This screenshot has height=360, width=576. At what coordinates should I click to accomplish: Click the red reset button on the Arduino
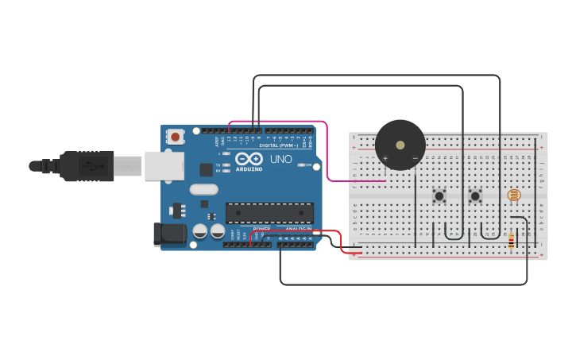pos(175,137)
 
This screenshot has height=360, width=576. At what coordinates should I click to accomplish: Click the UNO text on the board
pos(281,159)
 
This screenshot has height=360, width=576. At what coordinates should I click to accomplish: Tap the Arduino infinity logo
pos(249,159)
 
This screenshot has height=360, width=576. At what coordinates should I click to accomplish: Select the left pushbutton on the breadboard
pos(439,195)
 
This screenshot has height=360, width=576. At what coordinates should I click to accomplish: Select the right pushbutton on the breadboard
pos(475,195)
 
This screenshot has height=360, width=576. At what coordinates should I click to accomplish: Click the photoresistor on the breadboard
pos(514,195)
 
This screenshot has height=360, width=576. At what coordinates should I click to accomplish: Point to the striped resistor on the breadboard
pos(511,240)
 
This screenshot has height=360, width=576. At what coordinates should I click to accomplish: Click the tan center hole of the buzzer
pos(400,145)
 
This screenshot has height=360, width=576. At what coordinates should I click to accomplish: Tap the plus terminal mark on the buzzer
pos(385,159)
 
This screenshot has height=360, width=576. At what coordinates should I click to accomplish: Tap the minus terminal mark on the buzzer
pos(415,159)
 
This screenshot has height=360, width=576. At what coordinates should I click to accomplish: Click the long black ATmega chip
pos(269,212)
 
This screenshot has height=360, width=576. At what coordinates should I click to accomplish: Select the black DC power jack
pos(169,234)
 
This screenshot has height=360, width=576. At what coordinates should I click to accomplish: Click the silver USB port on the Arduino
pos(164,166)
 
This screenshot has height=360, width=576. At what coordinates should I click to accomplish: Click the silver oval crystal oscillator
pos(203,189)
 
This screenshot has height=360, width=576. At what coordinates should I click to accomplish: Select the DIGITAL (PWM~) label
pos(279,145)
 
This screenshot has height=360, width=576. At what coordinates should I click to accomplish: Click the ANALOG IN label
pos(299,229)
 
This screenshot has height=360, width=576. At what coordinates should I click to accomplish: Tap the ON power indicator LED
pos(301,165)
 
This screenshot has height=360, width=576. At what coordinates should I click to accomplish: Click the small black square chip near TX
pos(206,169)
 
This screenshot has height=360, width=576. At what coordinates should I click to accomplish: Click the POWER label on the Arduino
pos(261,229)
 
